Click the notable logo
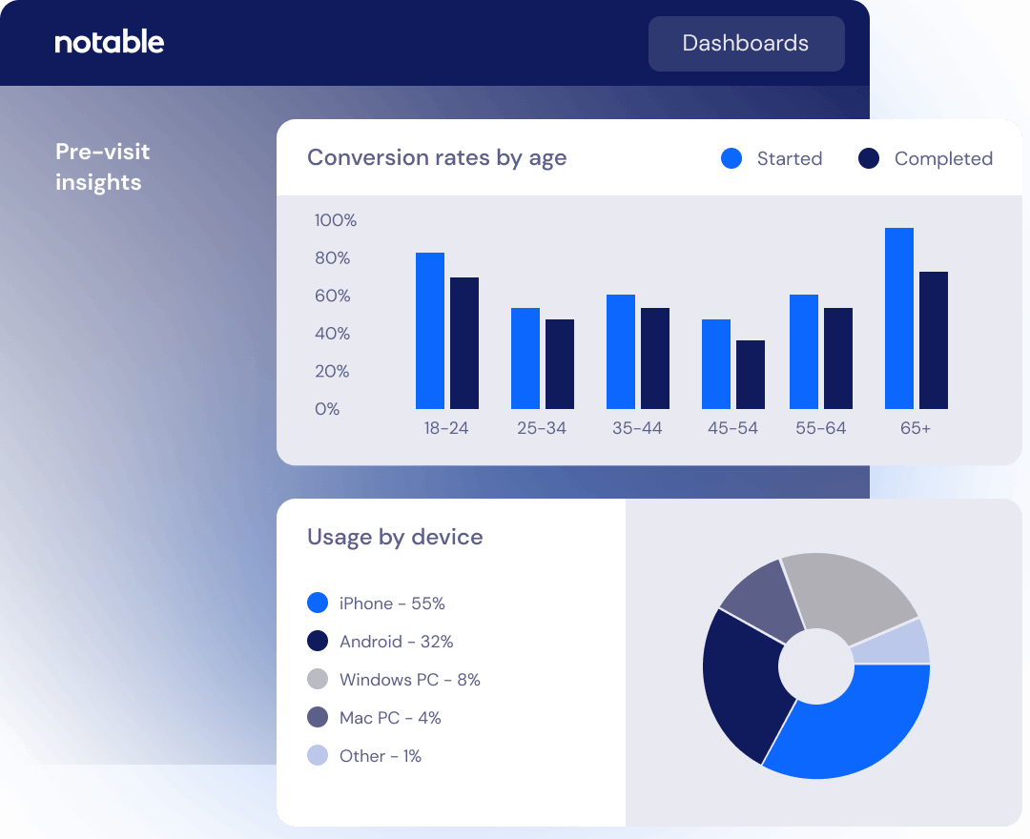[110, 42]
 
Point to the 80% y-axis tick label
[333, 258]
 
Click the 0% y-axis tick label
[327, 409]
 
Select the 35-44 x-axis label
[637, 428]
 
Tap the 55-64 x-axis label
[820, 428]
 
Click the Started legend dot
[731, 158]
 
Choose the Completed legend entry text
[943, 159]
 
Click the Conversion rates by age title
[437, 157]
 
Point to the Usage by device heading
[395, 537]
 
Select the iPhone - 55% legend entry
[392, 604]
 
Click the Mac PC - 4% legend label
[390, 718]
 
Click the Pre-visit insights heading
[102, 167]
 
